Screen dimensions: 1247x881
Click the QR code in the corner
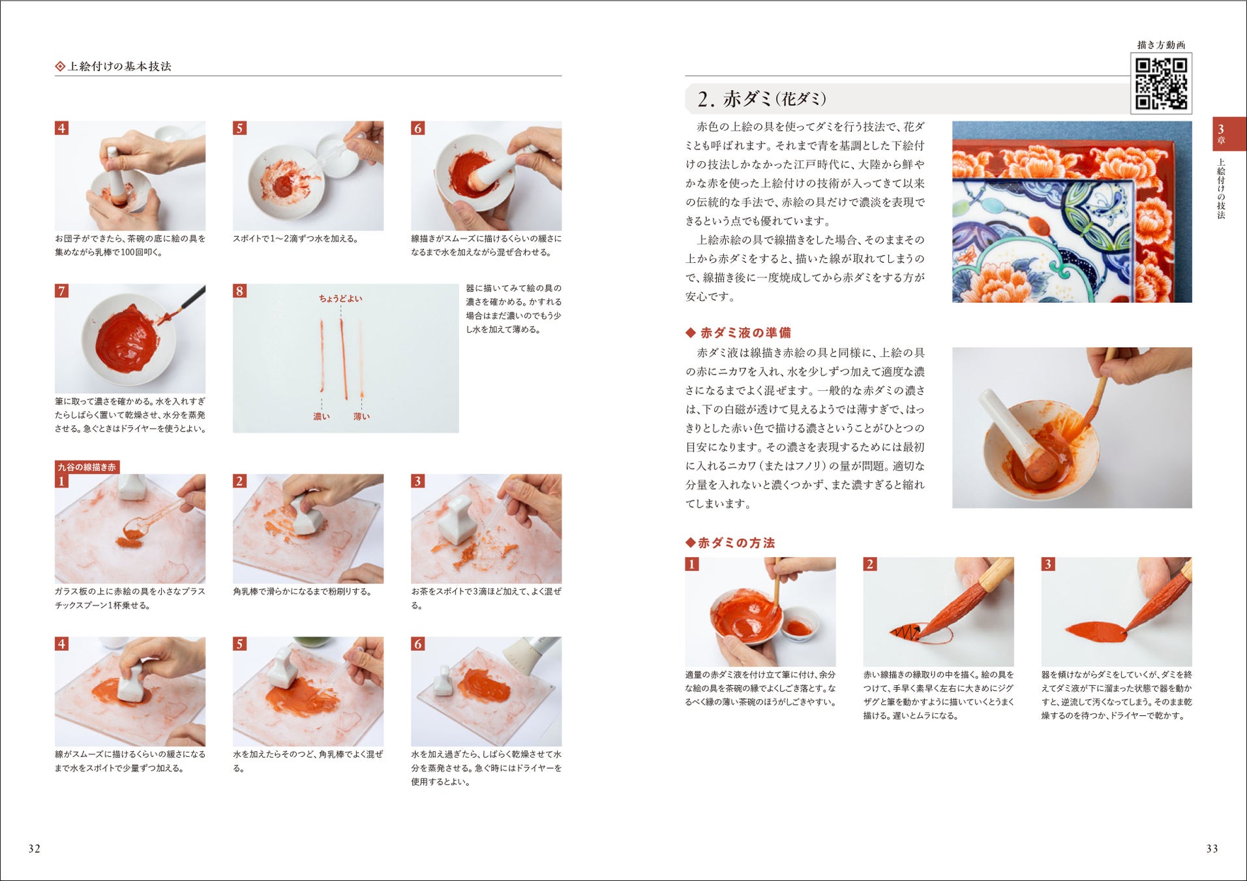[x=1161, y=84]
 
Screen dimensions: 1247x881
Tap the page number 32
[x=35, y=848]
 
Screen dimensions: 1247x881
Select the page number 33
[x=1212, y=848]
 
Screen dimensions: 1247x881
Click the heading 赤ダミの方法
[x=730, y=543]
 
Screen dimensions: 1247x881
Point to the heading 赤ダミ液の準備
[x=738, y=333]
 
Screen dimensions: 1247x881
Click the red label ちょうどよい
[x=340, y=298]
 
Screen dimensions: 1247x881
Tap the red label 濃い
[x=322, y=416]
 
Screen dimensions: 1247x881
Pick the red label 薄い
[x=361, y=416]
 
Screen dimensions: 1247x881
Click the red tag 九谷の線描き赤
[x=87, y=467]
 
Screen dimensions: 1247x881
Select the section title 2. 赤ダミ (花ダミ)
[x=762, y=99]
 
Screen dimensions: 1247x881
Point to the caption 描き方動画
[x=1161, y=45]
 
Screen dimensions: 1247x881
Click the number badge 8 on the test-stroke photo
[x=240, y=291]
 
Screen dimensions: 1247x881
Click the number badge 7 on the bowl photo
[x=62, y=291]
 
